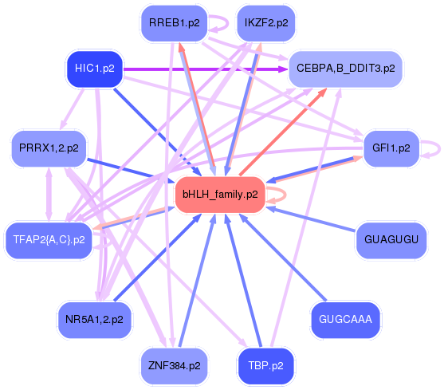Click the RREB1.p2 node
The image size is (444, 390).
173,23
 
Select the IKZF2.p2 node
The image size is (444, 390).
265,23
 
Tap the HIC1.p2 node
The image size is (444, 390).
94,69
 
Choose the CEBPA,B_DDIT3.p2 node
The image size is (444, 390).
344,69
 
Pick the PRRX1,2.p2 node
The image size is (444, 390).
49,148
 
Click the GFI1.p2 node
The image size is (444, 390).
391,148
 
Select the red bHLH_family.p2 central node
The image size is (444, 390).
219,195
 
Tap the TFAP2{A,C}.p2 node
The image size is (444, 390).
49,239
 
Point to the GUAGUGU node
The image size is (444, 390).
390,239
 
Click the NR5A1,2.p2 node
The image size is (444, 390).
94,320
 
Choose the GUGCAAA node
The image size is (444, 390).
344,320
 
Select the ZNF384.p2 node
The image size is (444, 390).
173,366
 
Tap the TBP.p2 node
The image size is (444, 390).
265,366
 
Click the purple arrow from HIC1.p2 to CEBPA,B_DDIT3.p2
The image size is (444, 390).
199,69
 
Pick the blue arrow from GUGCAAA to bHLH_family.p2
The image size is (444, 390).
286,259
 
